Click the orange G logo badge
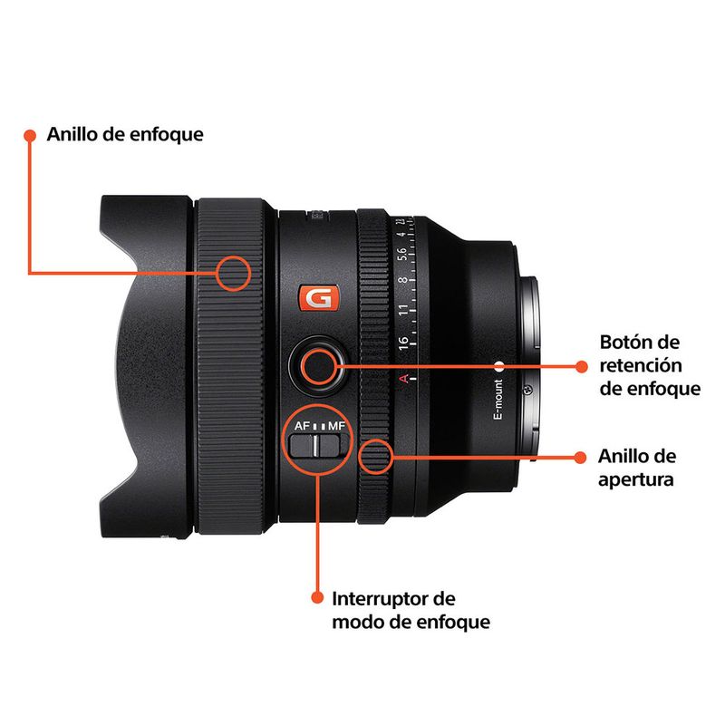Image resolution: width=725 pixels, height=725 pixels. pyautogui.click(x=319, y=298)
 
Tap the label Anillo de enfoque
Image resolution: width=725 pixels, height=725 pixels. pyautogui.click(x=125, y=134)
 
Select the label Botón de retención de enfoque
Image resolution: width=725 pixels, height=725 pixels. pyautogui.click(x=650, y=365)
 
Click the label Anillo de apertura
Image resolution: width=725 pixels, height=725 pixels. pyautogui.click(x=637, y=468)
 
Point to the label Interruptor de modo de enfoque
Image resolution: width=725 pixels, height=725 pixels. pyautogui.click(x=411, y=610)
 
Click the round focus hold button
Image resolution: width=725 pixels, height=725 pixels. pyautogui.click(x=318, y=366)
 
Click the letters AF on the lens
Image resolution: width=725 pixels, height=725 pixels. pyautogui.click(x=303, y=425)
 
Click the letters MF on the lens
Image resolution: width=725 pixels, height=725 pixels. pyautogui.click(x=336, y=425)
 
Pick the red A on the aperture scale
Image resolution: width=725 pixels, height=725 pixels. pyautogui.click(x=403, y=378)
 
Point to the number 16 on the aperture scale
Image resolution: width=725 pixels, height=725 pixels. pyautogui.click(x=402, y=343)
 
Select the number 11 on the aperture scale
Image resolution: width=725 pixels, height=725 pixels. pyautogui.click(x=403, y=309)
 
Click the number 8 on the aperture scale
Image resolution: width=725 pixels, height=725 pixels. pyautogui.click(x=402, y=280)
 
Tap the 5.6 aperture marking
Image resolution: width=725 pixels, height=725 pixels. pyautogui.click(x=402, y=254)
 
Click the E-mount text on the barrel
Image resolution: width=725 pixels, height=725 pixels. pyautogui.click(x=498, y=399)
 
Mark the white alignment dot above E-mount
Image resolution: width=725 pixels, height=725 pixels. pyautogui.click(x=499, y=367)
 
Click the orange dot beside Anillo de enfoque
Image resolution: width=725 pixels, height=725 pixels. pyautogui.click(x=30, y=135)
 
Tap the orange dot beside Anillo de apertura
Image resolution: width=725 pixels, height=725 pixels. pyautogui.click(x=580, y=458)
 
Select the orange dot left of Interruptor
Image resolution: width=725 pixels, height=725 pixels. pyautogui.click(x=317, y=597)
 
